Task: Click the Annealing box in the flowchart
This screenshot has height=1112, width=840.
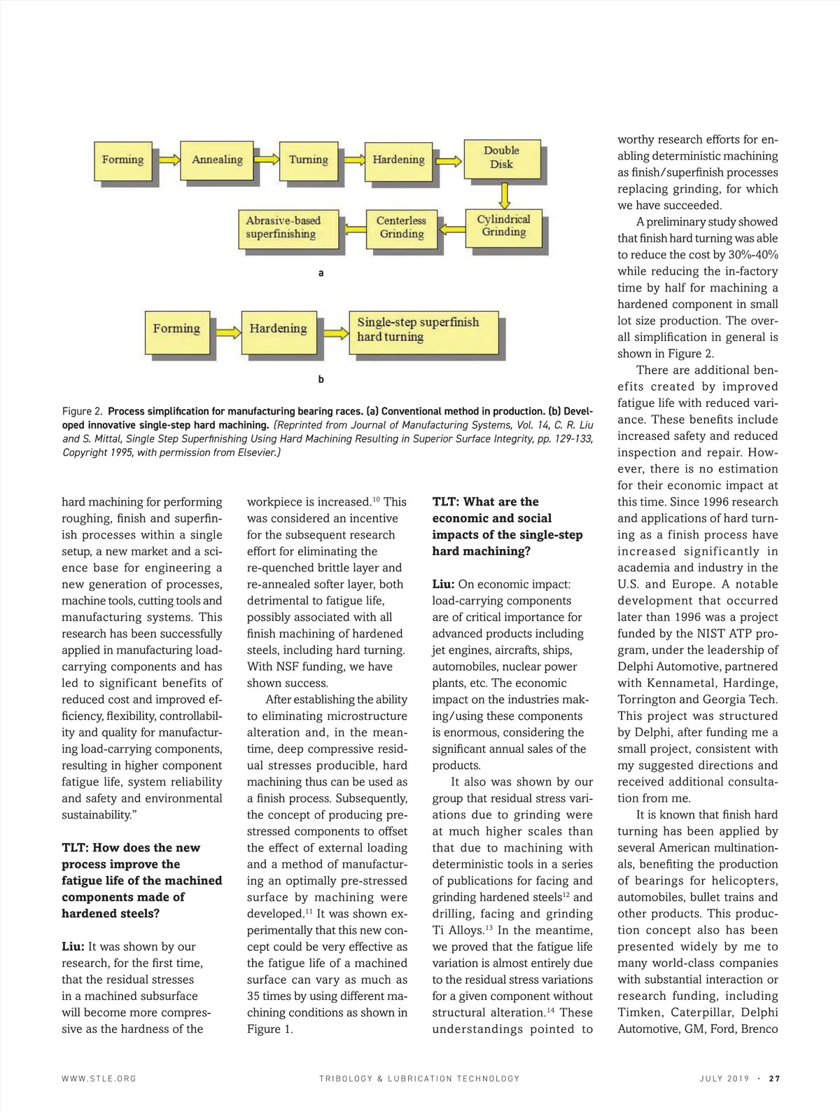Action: click(217, 160)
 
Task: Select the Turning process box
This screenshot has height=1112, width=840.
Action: click(308, 160)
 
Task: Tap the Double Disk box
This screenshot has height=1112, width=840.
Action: click(501, 158)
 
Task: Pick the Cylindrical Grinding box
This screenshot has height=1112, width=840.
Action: click(503, 226)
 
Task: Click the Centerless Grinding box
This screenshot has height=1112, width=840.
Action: click(401, 228)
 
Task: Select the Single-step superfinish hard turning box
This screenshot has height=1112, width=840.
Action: click(423, 330)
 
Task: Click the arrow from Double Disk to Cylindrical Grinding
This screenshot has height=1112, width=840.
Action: click(504, 195)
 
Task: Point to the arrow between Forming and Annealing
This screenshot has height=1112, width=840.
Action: click(168, 160)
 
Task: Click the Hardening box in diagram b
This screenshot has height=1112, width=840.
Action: click(277, 330)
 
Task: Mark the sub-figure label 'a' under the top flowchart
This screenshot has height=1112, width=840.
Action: click(321, 273)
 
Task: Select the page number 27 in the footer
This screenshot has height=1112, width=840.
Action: click(773, 1078)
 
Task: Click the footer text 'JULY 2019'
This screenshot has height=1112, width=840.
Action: click(724, 1078)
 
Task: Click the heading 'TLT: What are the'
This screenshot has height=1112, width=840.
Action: click(485, 501)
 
